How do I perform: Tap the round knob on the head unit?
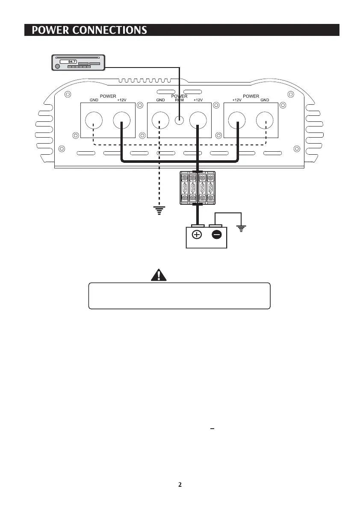tap(56, 66)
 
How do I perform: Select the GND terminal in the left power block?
tap(94, 121)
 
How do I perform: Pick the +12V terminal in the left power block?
tap(122, 121)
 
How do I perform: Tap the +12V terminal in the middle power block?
tap(198, 121)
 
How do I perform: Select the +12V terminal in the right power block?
tap(237, 121)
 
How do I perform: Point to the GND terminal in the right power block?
tap(265, 121)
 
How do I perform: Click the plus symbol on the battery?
tap(197, 235)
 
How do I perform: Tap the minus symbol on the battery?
tap(217, 235)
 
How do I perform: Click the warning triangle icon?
tap(159, 275)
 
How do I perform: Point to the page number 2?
tap(180, 485)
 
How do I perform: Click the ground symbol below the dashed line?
tap(159, 209)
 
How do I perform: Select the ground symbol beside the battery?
tap(242, 229)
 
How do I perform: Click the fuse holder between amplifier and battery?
tap(198, 187)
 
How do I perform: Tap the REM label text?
tap(179, 100)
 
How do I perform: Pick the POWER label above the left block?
tap(108, 96)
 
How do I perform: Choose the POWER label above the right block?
tap(251, 96)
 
